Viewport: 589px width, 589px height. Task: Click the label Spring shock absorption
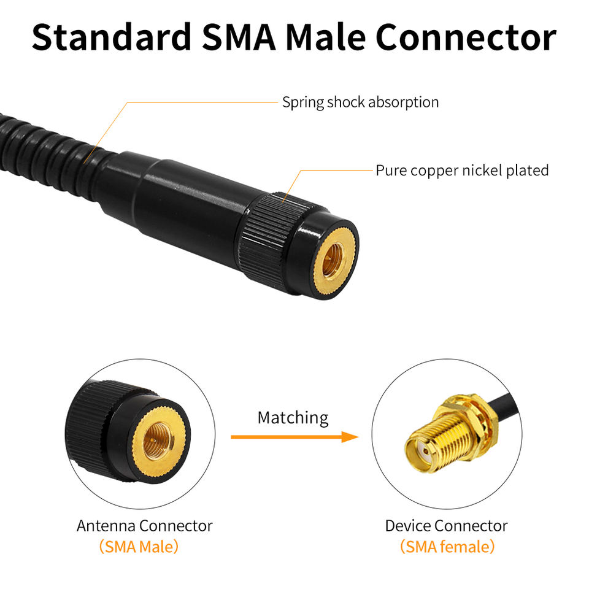pyautogui.click(x=360, y=102)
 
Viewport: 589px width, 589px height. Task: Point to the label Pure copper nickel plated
pyautogui.click(x=462, y=170)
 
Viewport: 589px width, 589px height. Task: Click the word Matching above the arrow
pyautogui.click(x=293, y=418)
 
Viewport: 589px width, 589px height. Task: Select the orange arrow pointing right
pyautogui.click(x=294, y=437)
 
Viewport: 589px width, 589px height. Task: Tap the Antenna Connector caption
pyautogui.click(x=144, y=526)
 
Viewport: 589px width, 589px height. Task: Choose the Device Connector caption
pyautogui.click(x=446, y=526)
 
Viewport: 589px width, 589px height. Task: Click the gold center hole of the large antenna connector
pyautogui.click(x=334, y=252)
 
